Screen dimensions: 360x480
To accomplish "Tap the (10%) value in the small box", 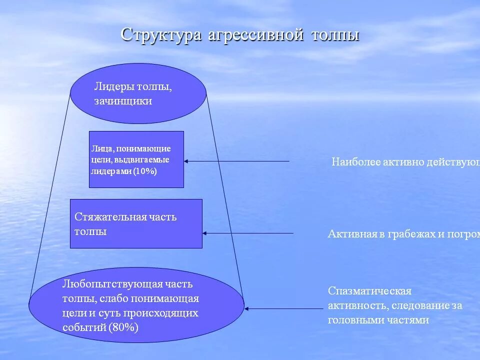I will click(145, 171).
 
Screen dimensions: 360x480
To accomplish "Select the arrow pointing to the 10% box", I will click(236, 161).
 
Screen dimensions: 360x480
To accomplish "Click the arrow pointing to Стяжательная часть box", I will click(248, 233).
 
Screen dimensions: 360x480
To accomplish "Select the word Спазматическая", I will click(369, 291).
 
